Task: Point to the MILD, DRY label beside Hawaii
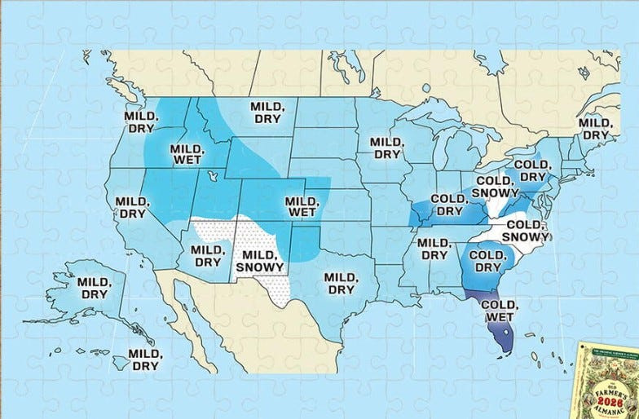(145, 359)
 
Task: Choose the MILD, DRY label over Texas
(341, 283)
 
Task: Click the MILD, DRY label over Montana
(266, 112)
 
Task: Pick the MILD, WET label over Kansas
(301, 206)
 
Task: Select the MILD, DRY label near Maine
(595, 128)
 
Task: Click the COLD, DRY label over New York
(532, 170)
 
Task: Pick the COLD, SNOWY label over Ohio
(493, 187)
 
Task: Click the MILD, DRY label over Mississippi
(433, 248)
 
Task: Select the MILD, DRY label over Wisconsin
(386, 148)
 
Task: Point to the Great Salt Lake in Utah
(213, 175)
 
